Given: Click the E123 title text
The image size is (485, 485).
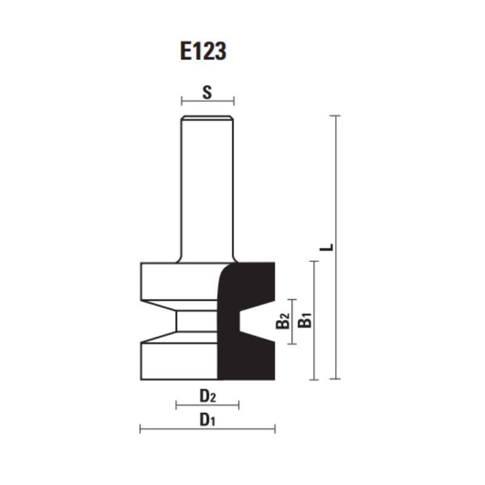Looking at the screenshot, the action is tap(203, 51).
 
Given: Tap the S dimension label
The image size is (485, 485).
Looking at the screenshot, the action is tap(207, 92).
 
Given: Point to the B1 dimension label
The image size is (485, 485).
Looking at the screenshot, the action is tap(305, 320).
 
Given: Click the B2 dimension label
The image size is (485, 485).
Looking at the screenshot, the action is tap(283, 321).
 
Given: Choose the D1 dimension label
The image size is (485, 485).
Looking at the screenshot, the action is tap(207, 420).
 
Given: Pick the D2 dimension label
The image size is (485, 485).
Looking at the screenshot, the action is tap(207, 396).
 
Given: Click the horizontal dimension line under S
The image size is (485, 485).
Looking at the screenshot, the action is tap(207, 101).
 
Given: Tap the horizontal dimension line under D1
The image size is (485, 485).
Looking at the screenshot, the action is tap(207, 429).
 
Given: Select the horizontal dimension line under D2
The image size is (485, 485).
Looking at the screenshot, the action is tap(207, 405).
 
